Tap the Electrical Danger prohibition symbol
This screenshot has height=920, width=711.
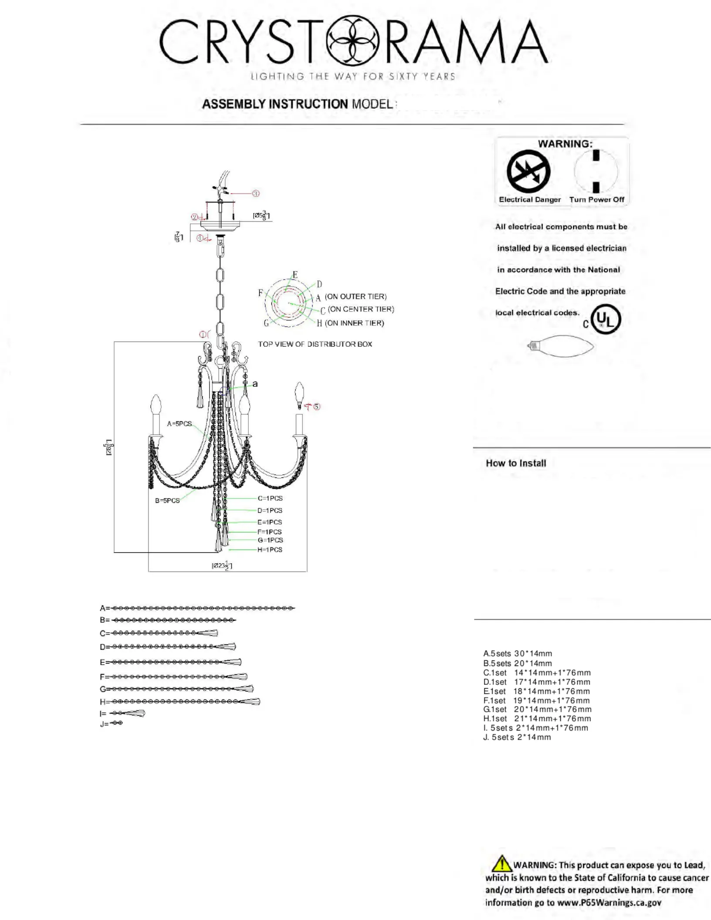(x=528, y=172)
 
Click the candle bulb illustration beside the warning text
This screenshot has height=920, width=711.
(x=561, y=346)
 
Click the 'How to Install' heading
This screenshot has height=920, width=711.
(x=516, y=463)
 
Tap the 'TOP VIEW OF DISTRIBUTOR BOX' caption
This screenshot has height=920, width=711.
(x=315, y=344)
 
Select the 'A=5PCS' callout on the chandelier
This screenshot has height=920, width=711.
(x=179, y=424)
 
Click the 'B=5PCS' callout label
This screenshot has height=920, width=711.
(x=167, y=501)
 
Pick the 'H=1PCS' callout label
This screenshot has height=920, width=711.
(x=270, y=550)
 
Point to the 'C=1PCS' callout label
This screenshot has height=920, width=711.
(x=270, y=498)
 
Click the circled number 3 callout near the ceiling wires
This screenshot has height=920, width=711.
(x=256, y=193)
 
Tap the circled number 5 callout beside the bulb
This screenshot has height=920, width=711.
(x=317, y=406)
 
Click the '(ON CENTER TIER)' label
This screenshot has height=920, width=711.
(x=361, y=309)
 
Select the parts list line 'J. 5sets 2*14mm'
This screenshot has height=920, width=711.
(x=517, y=737)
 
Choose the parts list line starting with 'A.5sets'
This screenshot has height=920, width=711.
(x=518, y=653)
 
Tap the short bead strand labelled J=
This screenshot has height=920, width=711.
(x=117, y=723)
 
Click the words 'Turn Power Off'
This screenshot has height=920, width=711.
(x=597, y=200)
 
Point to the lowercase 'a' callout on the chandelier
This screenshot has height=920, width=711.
(x=255, y=384)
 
